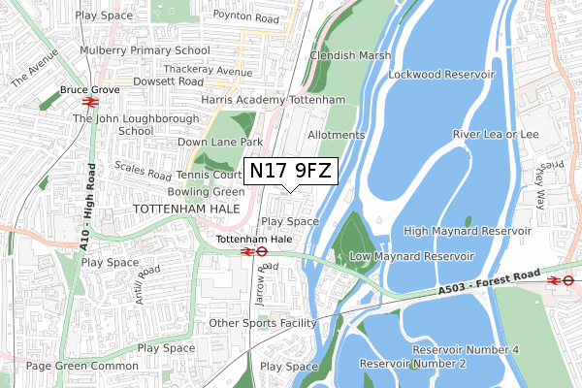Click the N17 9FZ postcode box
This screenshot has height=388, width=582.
point(291,172)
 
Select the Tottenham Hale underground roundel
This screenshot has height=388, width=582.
point(262,250)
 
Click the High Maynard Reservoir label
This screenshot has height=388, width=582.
point(468,231)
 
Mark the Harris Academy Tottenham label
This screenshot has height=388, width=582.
point(274,100)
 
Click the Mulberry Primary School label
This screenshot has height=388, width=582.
point(145,50)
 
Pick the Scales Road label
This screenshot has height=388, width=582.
point(143,170)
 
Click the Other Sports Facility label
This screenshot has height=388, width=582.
point(263,323)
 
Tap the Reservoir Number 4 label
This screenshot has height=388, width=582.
point(466,349)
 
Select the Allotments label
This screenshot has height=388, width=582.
point(336,136)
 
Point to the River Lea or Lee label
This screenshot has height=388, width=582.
point(495,135)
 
